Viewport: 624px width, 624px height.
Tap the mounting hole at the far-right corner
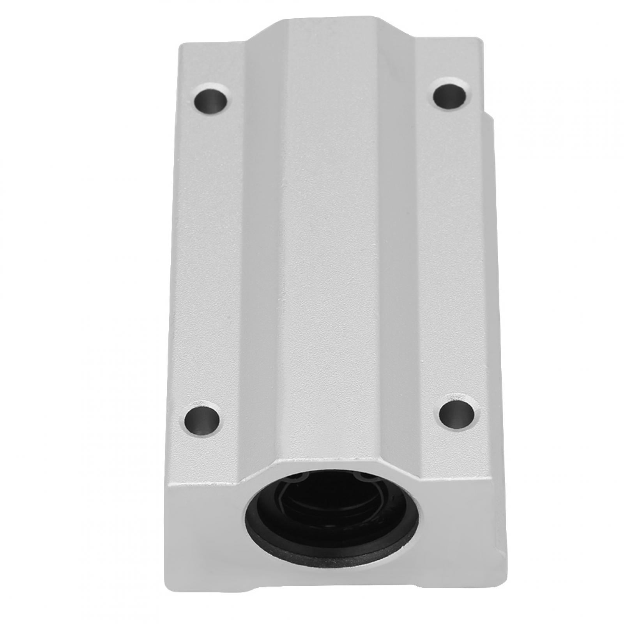451,94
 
